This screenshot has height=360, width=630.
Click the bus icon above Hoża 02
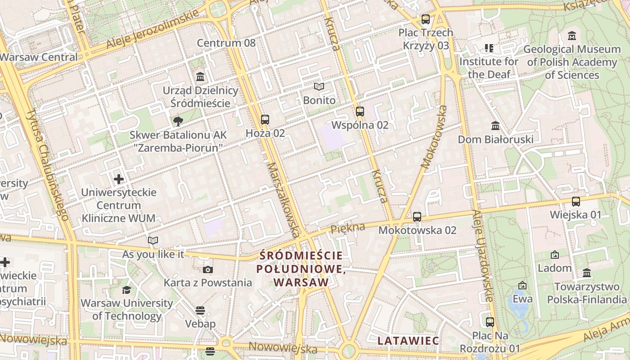265,120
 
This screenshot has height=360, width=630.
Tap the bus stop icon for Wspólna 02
360,112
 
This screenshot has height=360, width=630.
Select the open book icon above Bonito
319,86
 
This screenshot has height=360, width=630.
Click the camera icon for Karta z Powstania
207,270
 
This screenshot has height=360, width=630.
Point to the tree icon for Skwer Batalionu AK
178,121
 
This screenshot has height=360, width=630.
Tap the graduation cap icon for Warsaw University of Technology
126,290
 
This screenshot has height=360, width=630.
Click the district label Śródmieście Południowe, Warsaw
301,269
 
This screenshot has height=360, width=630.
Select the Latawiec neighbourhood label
408,341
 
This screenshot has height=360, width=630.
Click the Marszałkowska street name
283,199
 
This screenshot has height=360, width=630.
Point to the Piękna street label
348,228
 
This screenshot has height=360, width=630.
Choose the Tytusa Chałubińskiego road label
47,164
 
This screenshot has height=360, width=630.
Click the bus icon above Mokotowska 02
417,217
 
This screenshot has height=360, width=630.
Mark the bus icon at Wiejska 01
576,202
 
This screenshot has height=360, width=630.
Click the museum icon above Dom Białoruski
495,126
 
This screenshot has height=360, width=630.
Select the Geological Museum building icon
572,36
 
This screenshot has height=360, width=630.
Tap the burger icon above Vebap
200,310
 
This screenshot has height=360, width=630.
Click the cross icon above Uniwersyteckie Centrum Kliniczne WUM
119,180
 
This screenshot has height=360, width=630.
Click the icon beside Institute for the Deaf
489,48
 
